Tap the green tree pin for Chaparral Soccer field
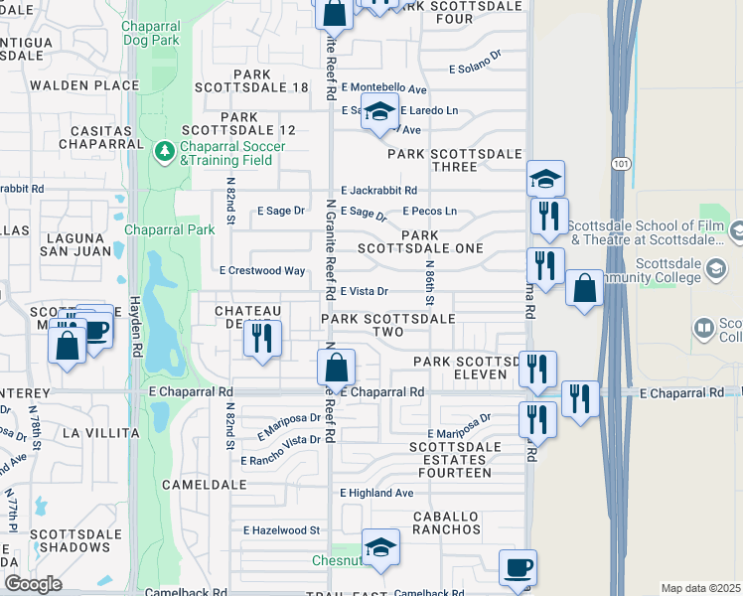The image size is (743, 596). point(165,153)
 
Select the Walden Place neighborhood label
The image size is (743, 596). point(84,85)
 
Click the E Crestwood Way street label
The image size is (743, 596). point(262,270)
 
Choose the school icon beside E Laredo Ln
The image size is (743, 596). point(378,113)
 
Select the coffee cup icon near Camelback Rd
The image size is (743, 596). point(518,567)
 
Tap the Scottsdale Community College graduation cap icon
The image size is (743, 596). point(714,268)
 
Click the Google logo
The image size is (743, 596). point(33,583)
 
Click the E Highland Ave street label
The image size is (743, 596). point(376,493)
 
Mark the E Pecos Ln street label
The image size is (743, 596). point(429,211)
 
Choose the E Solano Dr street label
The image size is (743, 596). point(475,69)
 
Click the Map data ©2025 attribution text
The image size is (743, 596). point(700,588)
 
